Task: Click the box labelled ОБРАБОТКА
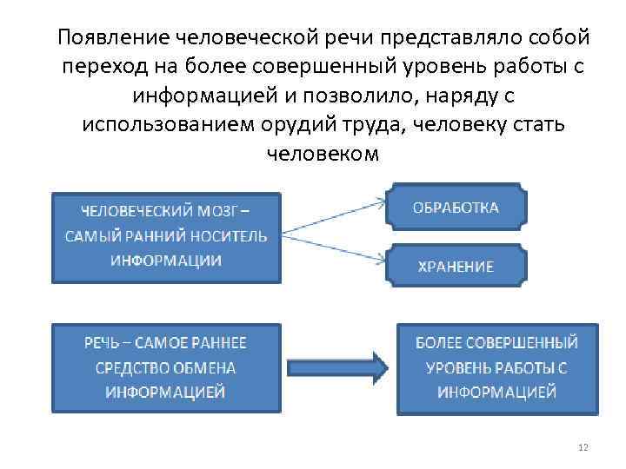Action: tap(456, 208)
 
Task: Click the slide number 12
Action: tap(583, 447)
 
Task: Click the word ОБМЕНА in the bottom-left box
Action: tap(204, 367)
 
